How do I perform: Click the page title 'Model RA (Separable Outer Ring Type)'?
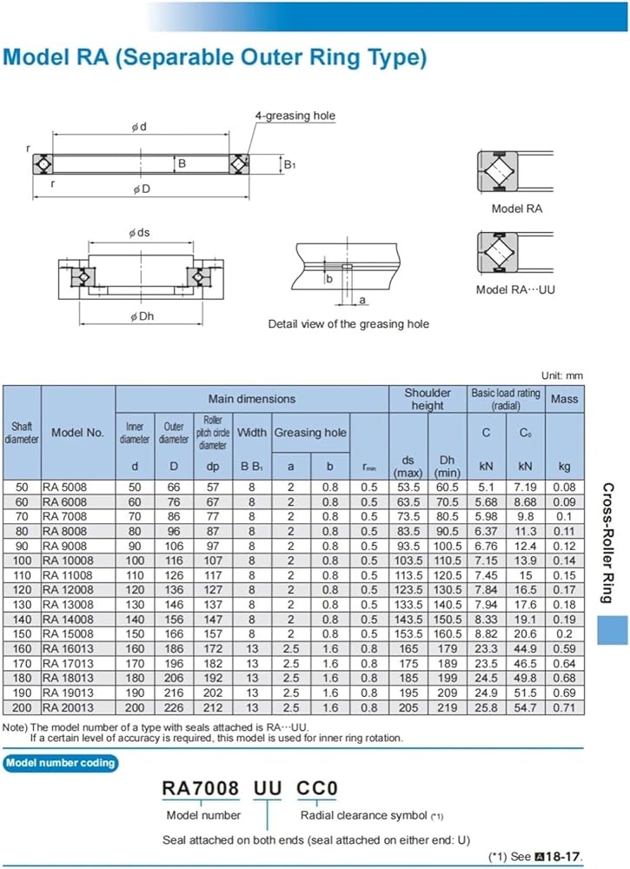point(216,58)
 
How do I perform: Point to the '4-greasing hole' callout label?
point(295,116)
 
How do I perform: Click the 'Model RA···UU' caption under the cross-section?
point(515,289)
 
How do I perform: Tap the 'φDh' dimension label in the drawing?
point(142,316)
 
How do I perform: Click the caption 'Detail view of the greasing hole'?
point(348,324)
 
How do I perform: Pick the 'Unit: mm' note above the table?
point(562,375)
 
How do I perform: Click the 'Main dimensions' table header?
point(251,399)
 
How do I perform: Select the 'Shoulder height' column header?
point(428,399)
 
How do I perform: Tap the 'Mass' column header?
point(565,399)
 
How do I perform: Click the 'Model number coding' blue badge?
point(59,763)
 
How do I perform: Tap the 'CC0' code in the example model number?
point(317,789)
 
